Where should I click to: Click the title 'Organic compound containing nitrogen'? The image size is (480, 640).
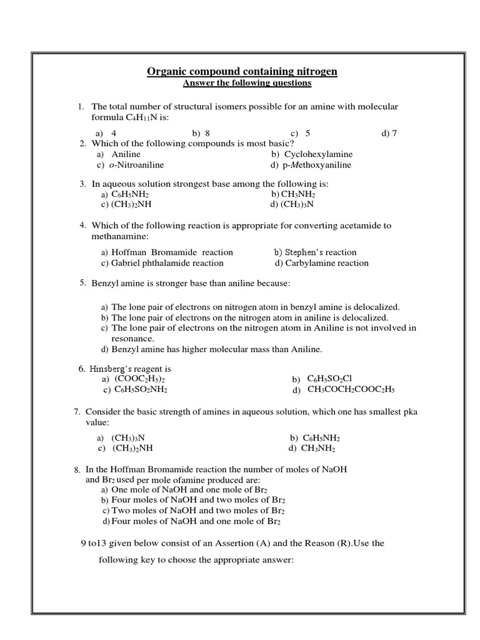(242, 71)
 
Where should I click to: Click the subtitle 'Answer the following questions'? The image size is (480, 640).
(246, 83)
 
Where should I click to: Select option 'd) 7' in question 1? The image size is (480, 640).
(389, 133)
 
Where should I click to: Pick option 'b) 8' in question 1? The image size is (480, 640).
(201, 133)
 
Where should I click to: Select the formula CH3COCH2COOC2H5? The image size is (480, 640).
(351, 389)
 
